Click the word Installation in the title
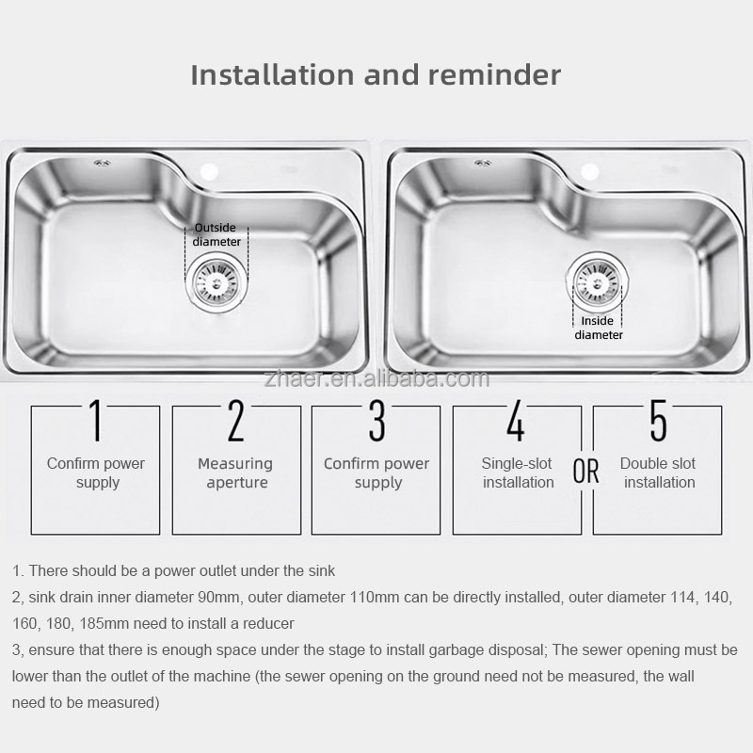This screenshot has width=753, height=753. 273,75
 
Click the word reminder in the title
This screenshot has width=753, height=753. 494,75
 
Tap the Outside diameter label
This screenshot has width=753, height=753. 216,234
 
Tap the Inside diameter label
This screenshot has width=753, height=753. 599,328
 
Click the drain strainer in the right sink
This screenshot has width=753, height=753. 597,280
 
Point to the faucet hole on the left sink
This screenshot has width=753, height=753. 209,171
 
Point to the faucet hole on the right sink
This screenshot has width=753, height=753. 590,171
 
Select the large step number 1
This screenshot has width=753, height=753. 96,420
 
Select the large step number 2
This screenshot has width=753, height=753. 236,420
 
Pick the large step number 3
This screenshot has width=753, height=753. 377,420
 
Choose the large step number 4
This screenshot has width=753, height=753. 516,420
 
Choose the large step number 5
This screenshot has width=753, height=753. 658,420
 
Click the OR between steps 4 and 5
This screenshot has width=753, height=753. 585,472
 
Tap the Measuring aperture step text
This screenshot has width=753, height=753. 235,473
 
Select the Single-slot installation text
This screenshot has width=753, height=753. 518,473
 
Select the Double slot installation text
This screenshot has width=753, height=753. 658,473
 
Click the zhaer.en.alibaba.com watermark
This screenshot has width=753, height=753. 376,379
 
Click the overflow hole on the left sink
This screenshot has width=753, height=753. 102,164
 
